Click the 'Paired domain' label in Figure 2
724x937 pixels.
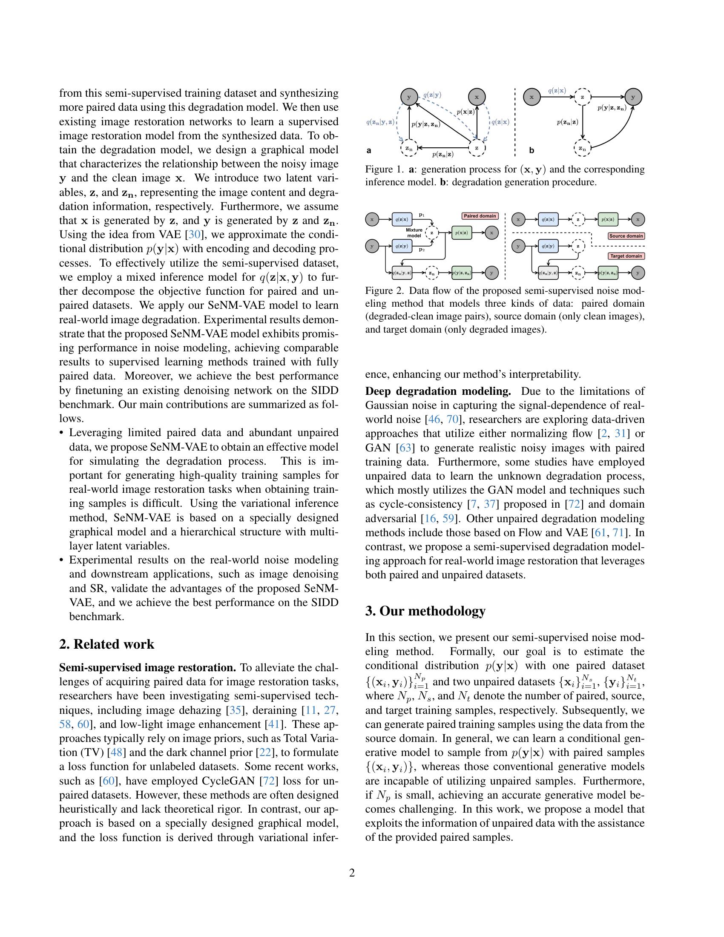(480, 216)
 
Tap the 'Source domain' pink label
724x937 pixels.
(626, 236)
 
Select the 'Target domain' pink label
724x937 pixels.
(626, 256)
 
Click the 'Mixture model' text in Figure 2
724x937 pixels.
(414, 233)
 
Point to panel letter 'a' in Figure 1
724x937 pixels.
(369, 151)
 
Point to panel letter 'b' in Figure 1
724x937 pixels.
(532, 151)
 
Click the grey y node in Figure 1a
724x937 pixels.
(409, 97)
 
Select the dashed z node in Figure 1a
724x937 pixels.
(477, 148)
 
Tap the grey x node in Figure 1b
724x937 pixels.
(532, 97)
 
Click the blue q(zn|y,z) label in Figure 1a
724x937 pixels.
(380, 122)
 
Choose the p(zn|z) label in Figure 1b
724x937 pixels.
(567, 122)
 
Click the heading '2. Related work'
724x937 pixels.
(106, 644)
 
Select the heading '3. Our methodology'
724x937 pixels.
(425, 610)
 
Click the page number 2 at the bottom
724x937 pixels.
(352, 873)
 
